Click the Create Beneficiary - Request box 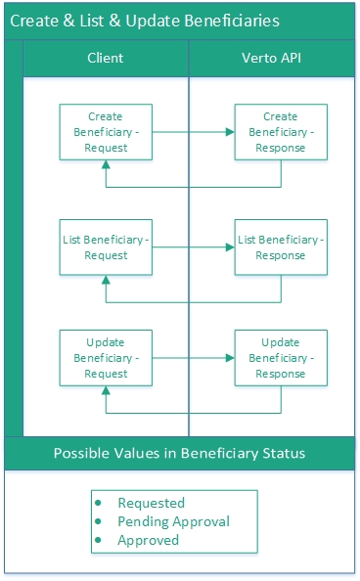106,132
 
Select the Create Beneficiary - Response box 281,132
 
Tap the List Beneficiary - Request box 106,247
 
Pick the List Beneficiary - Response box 281,247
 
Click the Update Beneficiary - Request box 106,358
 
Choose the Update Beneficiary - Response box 281,358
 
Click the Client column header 106,58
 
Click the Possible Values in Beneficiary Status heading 179,453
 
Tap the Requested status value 151,503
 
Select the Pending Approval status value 173,521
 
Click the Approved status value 149,540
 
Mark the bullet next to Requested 99,503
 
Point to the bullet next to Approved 99,540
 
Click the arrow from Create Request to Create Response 194,132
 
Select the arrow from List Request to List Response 194,247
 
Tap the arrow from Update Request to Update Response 194,358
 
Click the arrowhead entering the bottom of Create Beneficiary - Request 106,167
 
